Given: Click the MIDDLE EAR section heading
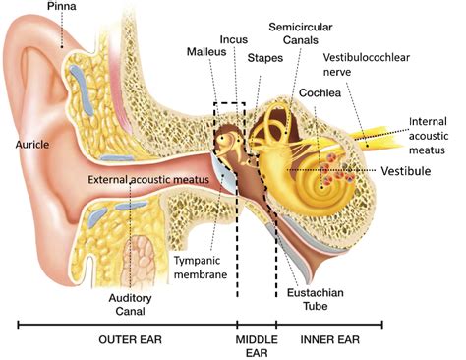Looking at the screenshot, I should click(x=256, y=346).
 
